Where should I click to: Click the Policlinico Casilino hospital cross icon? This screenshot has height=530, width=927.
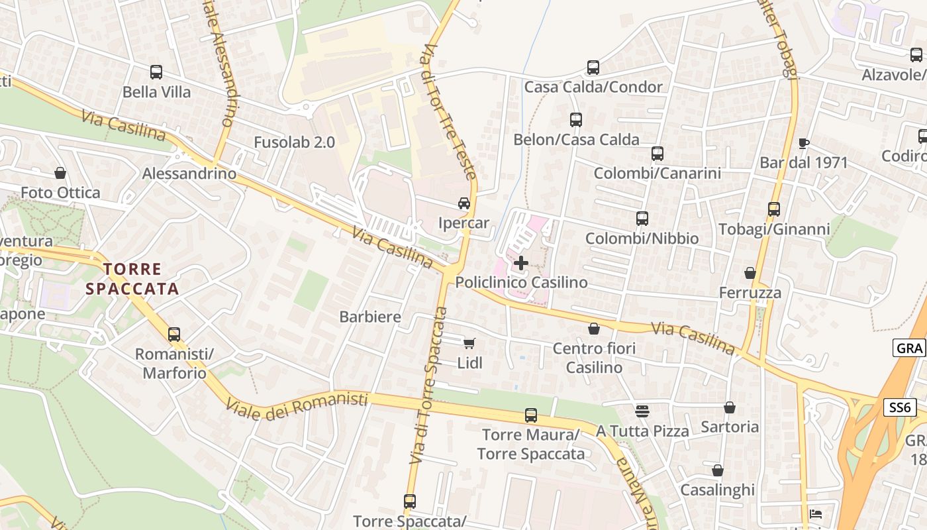click(521, 263)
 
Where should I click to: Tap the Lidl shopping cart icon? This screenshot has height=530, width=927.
click(469, 343)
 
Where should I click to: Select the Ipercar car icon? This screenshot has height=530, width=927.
click(464, 203)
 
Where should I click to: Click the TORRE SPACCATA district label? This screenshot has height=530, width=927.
click(132, 279)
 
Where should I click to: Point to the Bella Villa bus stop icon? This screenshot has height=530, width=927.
click(156, 72)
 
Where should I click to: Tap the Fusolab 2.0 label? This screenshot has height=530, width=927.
click(294, 142)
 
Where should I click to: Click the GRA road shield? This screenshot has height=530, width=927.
click(908, 348)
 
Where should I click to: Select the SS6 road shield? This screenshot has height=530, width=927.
click(900, 407)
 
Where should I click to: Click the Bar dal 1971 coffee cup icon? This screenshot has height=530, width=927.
click(804, 143)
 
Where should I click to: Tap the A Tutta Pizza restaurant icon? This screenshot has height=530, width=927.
click(642, 411)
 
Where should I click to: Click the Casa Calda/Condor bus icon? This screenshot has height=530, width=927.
click(593, 68)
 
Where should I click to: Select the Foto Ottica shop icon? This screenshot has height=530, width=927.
click(60, 174)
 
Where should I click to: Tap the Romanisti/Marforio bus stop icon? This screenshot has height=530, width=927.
click(174, 335)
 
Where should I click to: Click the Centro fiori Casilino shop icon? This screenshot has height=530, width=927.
click(594, 329)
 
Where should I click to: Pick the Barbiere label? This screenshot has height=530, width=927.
click(370, 317)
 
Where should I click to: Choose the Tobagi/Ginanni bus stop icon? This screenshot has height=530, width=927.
click(774, 209)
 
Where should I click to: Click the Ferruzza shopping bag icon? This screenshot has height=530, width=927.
click(750, 273)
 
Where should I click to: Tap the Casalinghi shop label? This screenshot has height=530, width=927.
click(718, 490)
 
